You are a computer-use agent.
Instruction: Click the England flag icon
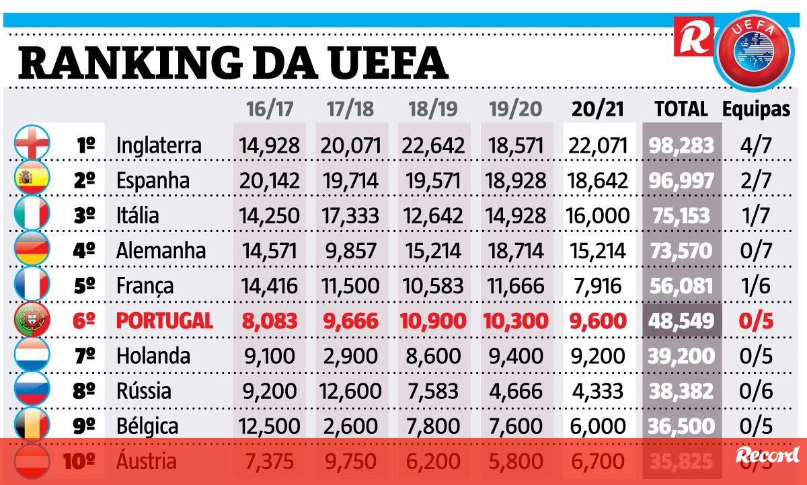tap(32, 143)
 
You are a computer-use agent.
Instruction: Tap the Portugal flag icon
tap(32, 320)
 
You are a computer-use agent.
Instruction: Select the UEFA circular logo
tap(753, 49)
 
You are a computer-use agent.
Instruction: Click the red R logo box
tap(693, 36)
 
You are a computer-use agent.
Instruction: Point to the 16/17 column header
tap(270, 110)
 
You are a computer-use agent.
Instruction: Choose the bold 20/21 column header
tap(599, 110)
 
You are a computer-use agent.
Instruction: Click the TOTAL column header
tap(681, 110)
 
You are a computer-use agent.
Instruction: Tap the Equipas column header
tap(756, 110)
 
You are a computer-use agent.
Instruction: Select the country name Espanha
tap(153, 180)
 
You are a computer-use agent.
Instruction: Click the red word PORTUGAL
tap(165, 321)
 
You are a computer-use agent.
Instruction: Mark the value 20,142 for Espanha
tap(269, 180)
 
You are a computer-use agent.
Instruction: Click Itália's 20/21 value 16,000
tap(599, 216)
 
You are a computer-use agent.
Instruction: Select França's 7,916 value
tap(599, 286)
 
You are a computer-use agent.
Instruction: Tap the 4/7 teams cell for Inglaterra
tap(756, 145)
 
